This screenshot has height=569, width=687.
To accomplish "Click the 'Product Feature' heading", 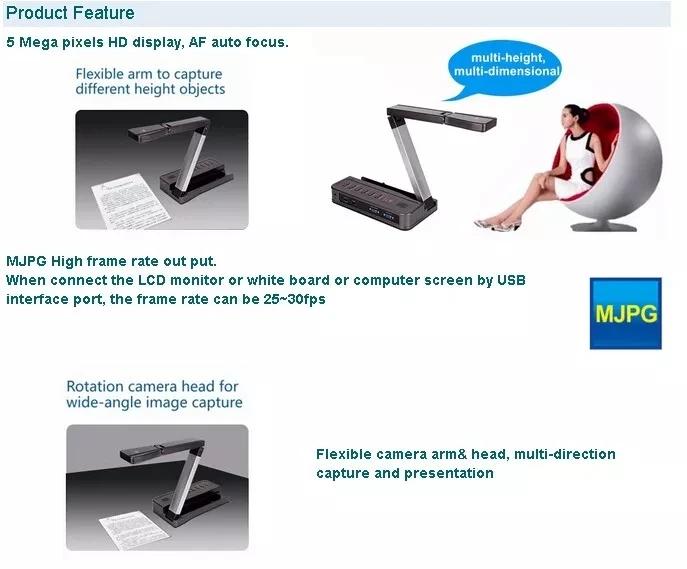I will (x=70, y=13).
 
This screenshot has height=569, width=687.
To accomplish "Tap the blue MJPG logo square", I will (x=625, y=313).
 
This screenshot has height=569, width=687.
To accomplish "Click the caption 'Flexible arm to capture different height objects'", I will (x=149, y=81).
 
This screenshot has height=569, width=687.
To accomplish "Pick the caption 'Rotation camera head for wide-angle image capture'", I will (x=154, y=394).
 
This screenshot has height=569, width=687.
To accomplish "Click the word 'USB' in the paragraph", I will (x=510, y=280).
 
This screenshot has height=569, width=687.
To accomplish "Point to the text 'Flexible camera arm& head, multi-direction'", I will (x=466, y=454).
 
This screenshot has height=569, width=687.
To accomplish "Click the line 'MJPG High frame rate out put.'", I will (x=111, y=261).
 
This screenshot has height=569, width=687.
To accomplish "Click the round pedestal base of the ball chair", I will (x=600, y=222).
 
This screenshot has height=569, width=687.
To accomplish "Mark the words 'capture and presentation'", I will (x=405, y=473).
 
